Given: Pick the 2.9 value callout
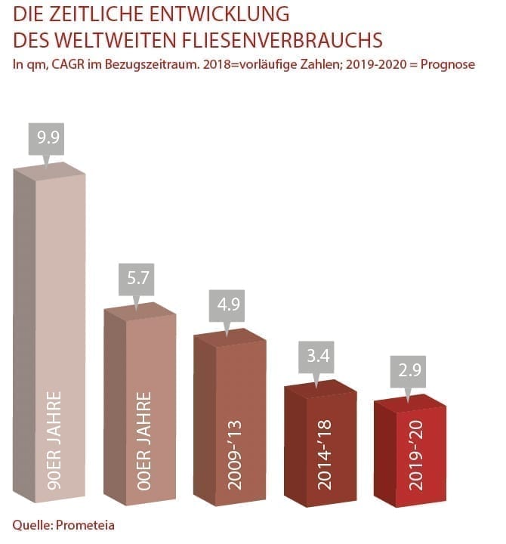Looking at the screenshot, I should [407, 374].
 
